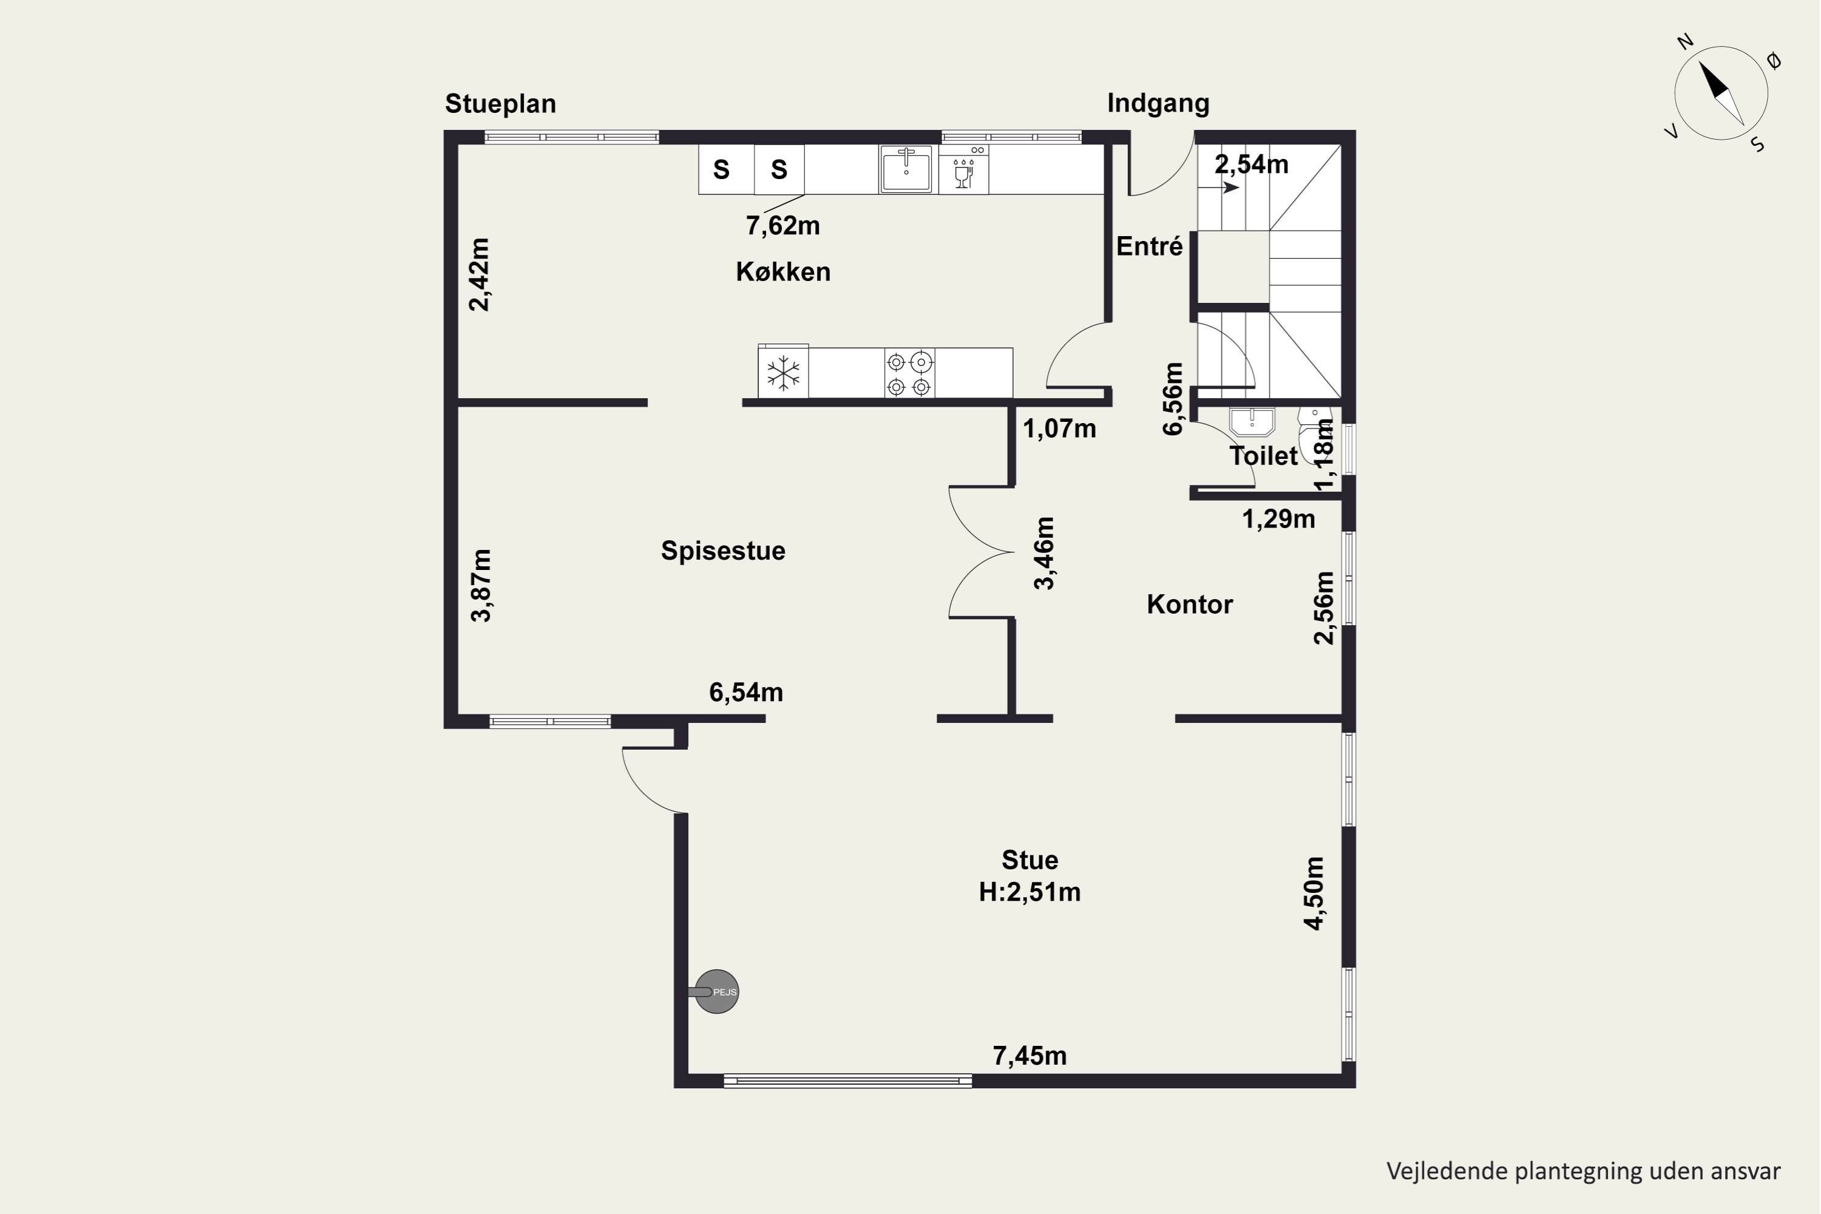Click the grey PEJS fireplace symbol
click(716, 992)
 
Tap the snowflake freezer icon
click(784, 373)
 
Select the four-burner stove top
click(909, 373)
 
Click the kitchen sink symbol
click(906, 169)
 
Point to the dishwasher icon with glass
click(964, 169)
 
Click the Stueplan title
click(500, 104)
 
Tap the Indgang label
click(1158, 104)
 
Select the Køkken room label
click(783, 272)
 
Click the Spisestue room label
click(723, 551)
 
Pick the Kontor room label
click(1190, 604)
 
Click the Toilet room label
click(1263, 455)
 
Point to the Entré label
click(1150, 246)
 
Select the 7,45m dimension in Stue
click(1029, 1056)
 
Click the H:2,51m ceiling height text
click(1029, 892)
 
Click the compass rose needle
click(1721, 93)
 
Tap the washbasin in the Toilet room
click(1251, 422)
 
